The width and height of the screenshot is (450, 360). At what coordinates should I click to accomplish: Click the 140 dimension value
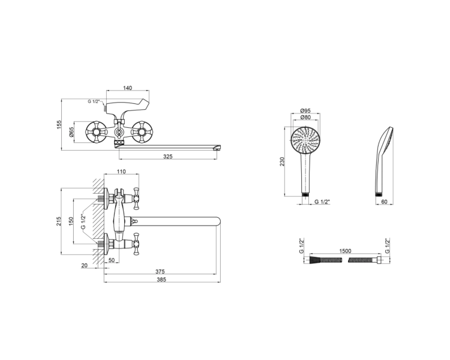tap(127, 88)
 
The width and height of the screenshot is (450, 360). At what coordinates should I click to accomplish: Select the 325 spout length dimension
tap(168, 157)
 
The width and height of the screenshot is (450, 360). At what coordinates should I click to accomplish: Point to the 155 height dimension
tap(59, 124)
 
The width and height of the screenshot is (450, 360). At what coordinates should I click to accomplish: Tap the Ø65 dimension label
tap(71, 132)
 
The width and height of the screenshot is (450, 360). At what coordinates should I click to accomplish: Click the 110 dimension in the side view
tap(121, 172)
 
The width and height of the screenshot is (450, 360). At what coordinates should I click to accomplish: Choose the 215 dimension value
tap(59, 221)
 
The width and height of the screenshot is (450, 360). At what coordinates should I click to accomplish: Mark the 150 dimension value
tap(71, 221)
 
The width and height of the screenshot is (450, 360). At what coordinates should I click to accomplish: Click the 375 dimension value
tap(160, 271)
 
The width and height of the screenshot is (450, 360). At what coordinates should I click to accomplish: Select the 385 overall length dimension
tap(161, 280)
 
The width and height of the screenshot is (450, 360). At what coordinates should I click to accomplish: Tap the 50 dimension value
tap(112, 260)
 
